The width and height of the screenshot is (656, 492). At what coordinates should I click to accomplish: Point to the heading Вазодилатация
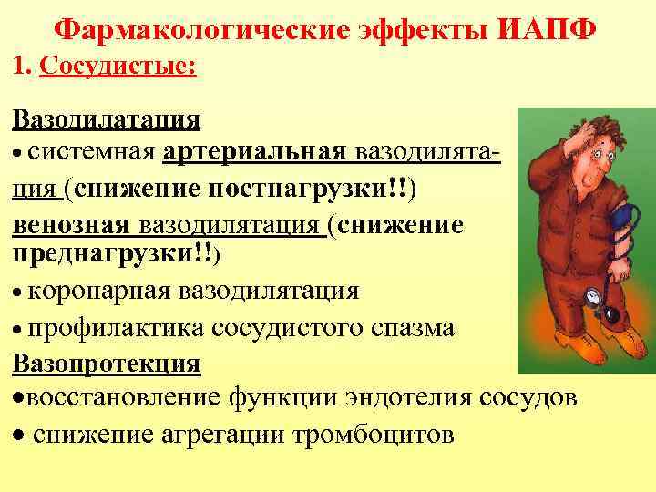107,120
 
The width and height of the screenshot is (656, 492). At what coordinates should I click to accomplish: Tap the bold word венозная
71,224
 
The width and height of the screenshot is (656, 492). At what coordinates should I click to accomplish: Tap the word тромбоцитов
372,435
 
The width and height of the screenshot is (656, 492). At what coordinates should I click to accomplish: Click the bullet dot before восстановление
17,399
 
